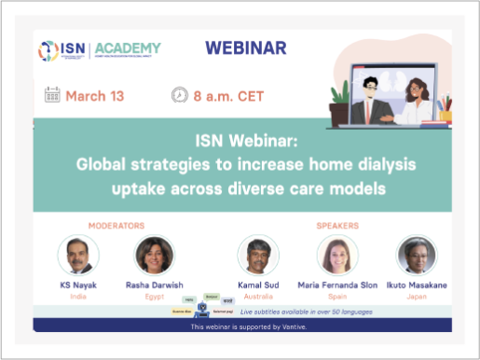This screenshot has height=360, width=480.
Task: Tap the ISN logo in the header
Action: coord(60,50)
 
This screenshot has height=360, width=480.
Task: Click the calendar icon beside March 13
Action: coord(52,95)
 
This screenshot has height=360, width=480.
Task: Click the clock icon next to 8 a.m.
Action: coord(179,95)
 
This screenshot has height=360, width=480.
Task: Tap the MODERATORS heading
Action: coord(116,225)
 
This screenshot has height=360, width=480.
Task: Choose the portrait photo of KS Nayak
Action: coord(78,255)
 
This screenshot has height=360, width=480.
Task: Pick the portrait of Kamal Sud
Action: coord(257,255)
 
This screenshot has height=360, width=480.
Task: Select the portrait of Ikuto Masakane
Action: coord(416,255)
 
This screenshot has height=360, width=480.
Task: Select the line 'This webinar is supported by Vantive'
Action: coord(242,327)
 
